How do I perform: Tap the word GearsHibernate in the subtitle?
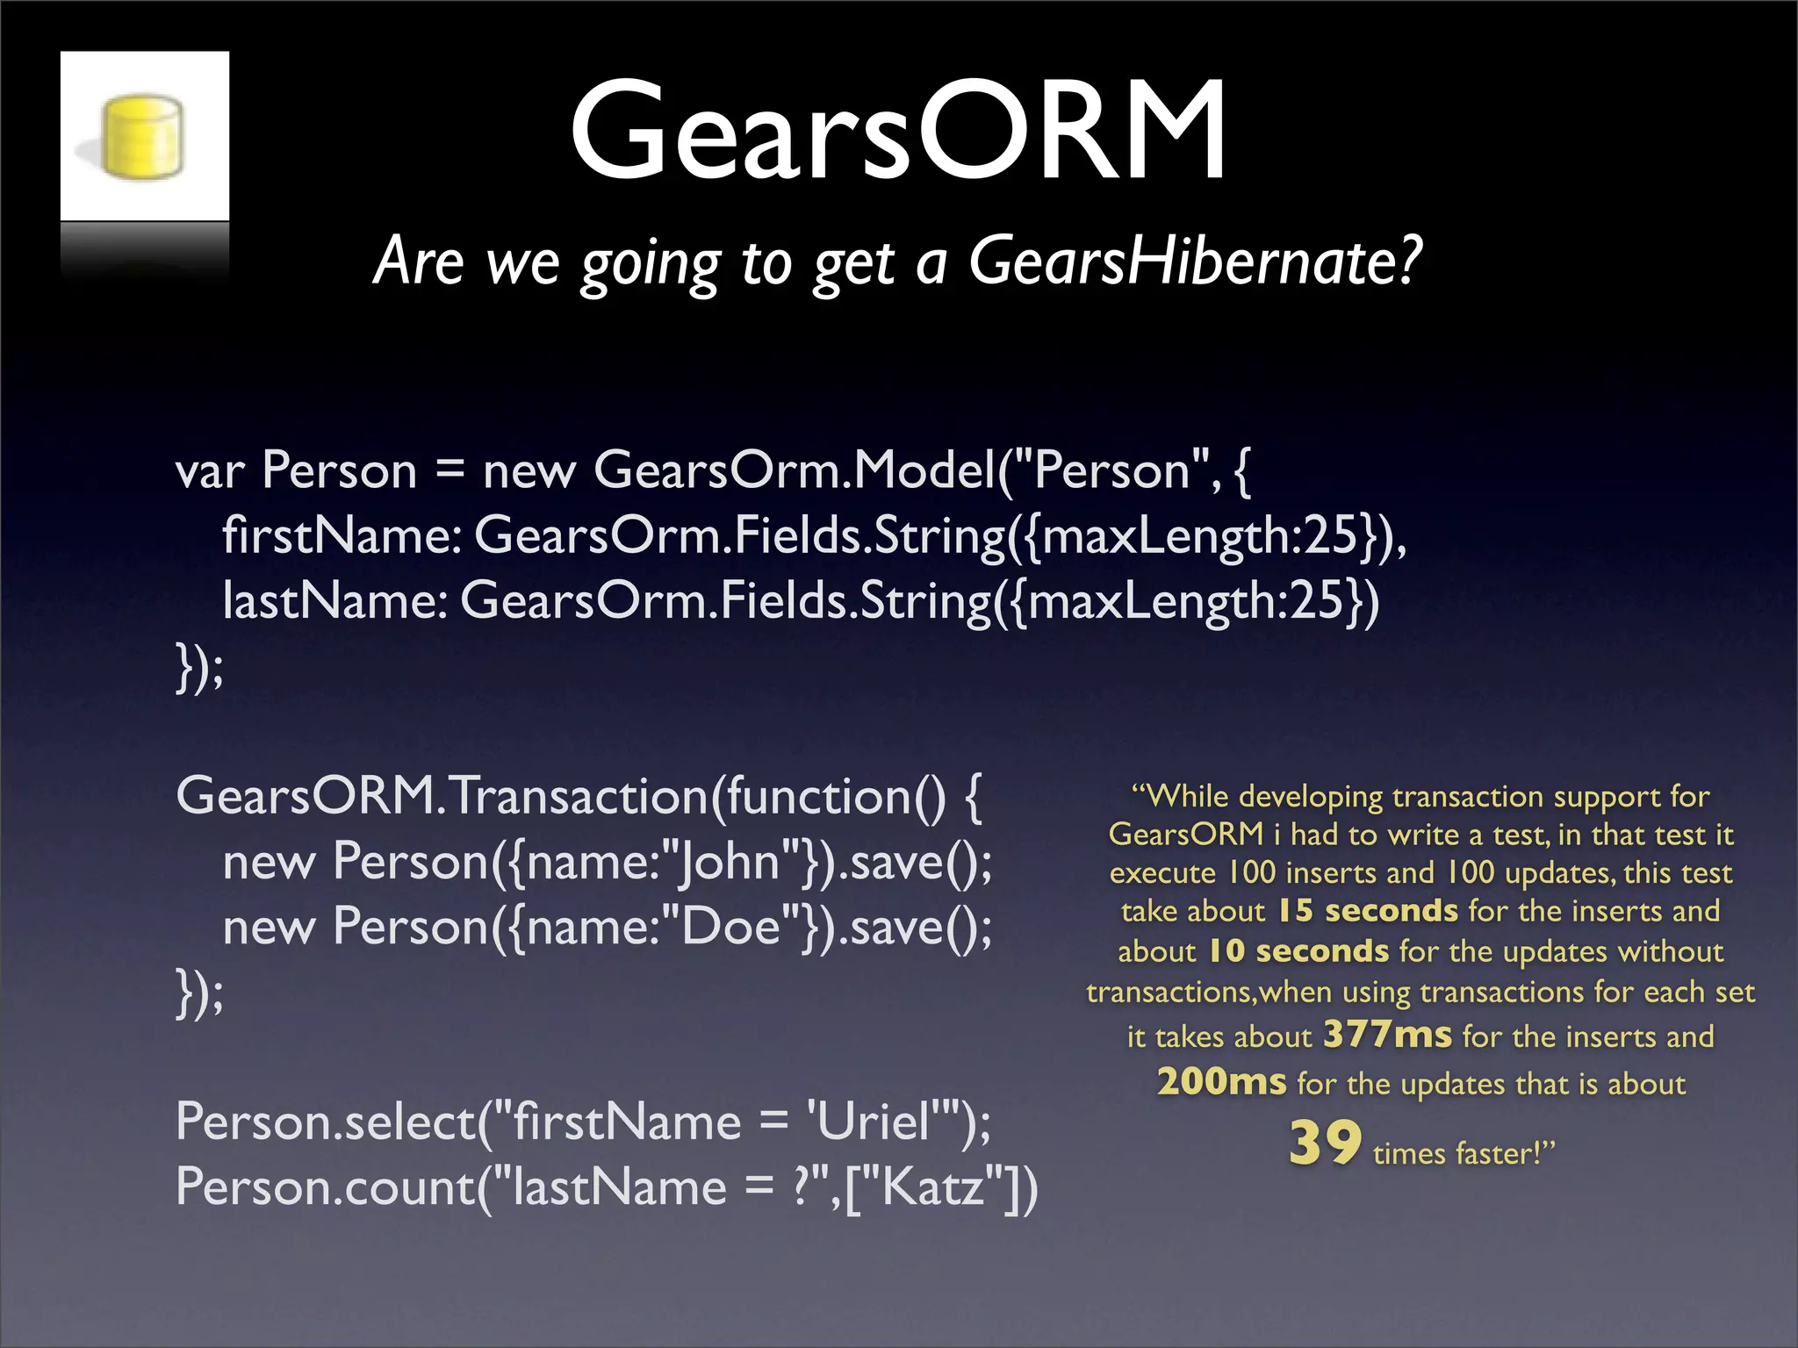click(1193, 261)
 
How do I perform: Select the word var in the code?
click(210, 471)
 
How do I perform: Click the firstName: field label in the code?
click(342, 535)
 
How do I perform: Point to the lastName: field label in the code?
click(334, 601)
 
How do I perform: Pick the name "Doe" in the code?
click(730, 927)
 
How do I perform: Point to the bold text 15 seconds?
click(1367, 911)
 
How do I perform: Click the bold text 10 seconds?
click(1298, 951)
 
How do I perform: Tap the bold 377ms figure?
click(1387, 1035)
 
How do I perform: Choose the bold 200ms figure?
click(1221, 1082)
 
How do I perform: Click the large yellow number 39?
click(1325, 1144)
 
